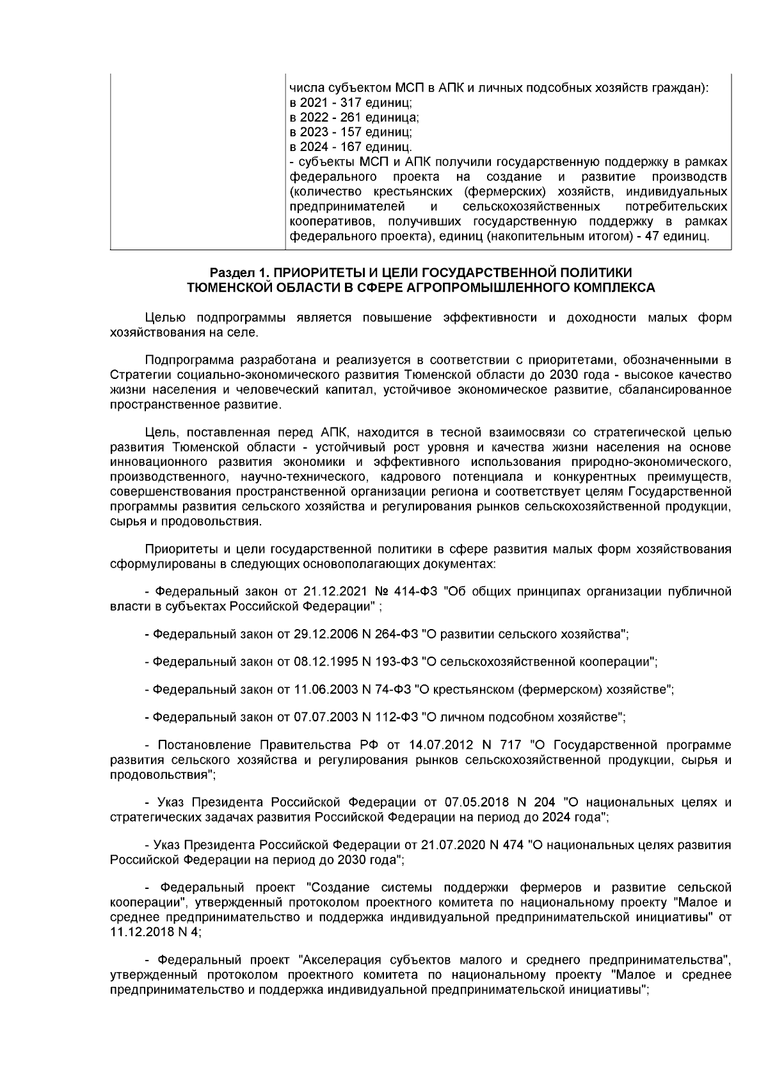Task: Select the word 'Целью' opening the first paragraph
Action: tap(165, 317)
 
